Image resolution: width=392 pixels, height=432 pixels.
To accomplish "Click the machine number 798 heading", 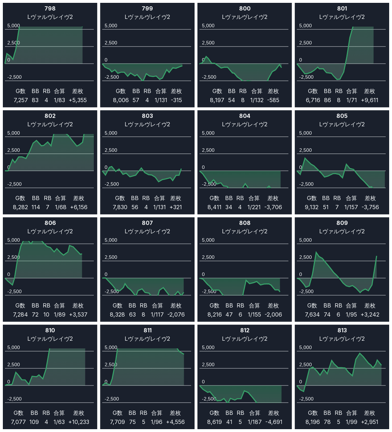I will (x=50, y=9).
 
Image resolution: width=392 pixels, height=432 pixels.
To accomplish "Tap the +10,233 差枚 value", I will (x=78, y=422).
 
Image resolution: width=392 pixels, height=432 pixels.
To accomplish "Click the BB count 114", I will (x=36, y=207).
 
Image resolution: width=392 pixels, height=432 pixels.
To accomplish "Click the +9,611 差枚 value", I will (x=370, y=100).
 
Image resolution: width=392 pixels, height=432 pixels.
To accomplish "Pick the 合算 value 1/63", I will (x=60, y=422).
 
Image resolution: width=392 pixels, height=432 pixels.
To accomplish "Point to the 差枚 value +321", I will (x=174, y=207).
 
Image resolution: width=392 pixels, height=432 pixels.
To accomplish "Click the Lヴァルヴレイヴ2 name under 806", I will (x=50, y=231).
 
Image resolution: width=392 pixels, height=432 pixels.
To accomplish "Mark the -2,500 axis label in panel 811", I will (x=111, y=398).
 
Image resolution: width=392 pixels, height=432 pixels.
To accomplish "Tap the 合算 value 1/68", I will (x=60, y=207).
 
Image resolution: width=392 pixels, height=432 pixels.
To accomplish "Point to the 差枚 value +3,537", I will (x=78, y=315).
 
